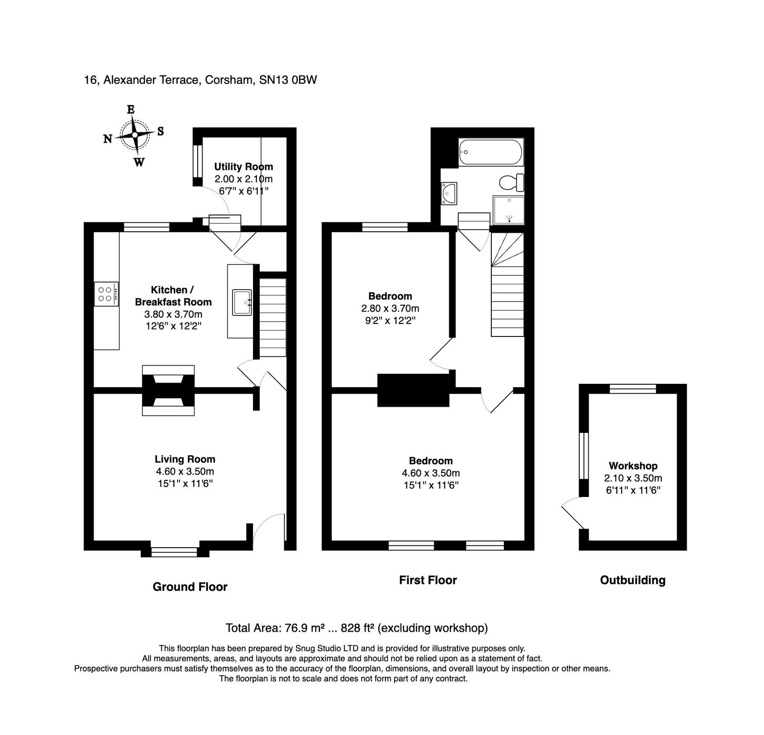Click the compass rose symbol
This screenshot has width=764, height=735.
pyautogui.click(x=135, y=135)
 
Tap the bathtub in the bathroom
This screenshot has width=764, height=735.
pyautogui.click(x=491, y=152)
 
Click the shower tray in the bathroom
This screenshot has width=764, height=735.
pyautogui.click(x=509, y=209)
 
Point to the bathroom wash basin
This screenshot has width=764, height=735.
pyautogui.click(x=449, y=194)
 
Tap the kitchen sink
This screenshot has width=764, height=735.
pyautogui.click(x=242, y=302)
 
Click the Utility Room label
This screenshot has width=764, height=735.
pyautogui.click(x=244, y=167)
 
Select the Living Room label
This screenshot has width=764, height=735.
pyautogui.click(x=185, y=459)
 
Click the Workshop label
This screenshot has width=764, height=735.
pyautogui.click(x=633, y=466)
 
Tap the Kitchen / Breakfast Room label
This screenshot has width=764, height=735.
pyautogui.click(x=173, y=296)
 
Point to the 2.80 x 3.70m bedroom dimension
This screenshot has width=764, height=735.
pyautogui.click(x=390, y=309)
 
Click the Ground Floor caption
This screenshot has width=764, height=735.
pyautogui.click(x=190, y=587)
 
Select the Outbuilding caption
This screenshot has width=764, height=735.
pyautogui.click(x=633, y=580)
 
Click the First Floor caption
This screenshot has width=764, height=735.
pyautogui.click(x=428, y=580)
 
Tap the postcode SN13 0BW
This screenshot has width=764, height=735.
pyautogui.click(x=288, y=80)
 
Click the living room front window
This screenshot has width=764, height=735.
pyautogui.click(x=174, y=552)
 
